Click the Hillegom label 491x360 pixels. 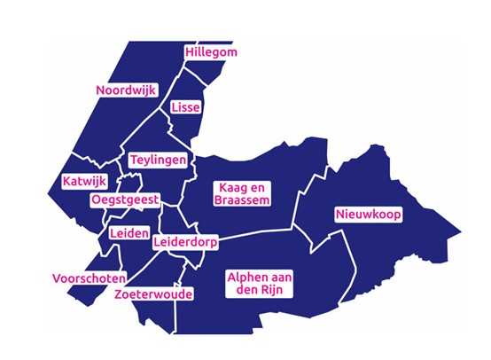pos(212,53)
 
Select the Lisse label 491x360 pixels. pos(186,107)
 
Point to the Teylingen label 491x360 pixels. pos(159,160)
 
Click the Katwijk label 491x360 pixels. pos(84,182)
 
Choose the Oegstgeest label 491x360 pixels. pos(125,200)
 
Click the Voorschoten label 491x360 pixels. pos(89,276)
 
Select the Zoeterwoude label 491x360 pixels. pos(154,293)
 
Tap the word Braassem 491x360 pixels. pos(239,201)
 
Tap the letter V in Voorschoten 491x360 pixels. pos(57,276)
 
